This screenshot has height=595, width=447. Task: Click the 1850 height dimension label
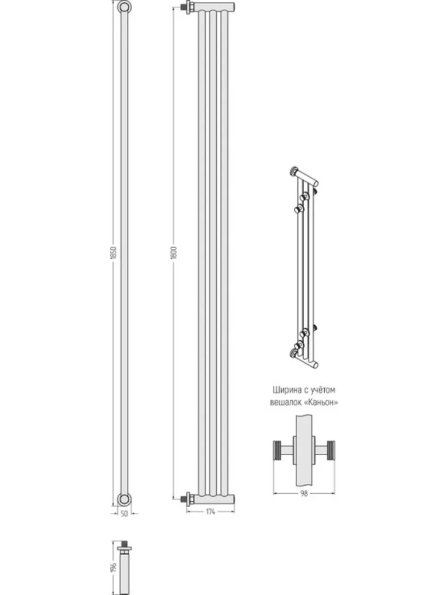(113, 253)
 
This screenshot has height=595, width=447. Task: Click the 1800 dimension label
(174, 253)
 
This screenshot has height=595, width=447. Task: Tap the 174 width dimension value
(211, 512)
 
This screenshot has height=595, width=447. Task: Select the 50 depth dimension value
(124, 514)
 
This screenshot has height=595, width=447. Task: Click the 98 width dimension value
(304, 493)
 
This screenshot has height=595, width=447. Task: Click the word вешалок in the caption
(286, 402)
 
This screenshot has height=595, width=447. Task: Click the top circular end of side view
(124, 7)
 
